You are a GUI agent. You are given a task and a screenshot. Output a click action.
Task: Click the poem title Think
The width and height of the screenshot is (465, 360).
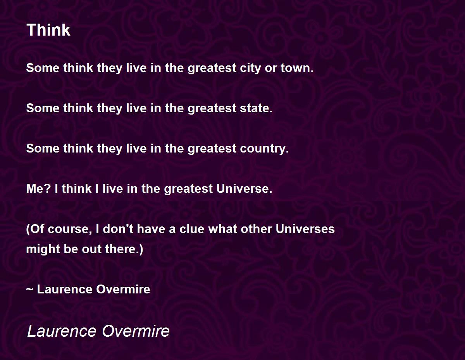[x=48, y=30]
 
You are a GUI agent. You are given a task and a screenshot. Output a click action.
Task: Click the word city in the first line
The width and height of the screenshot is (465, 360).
[x=250, y=69]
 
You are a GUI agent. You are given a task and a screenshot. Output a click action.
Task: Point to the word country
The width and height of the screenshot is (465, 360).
[x=264, y=149]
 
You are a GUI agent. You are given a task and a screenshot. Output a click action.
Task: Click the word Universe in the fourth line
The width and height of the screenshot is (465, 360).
[x=244, y=189]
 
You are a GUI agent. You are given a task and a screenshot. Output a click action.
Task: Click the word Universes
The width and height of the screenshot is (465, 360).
[x=305, y=229]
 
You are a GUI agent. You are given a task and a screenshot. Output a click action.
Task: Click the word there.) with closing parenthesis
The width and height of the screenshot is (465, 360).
[x=124, y=249]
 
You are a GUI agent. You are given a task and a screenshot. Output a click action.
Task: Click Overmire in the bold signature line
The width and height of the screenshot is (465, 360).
[x=123, y=290]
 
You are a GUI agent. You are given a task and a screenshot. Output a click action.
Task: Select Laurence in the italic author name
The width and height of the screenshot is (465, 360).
[x=62, y=331]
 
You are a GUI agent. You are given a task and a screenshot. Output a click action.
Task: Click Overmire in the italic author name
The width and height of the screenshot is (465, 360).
[x=136, y=331]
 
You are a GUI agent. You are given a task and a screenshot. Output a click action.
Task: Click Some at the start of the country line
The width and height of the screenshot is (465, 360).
[x=43, y=149]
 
